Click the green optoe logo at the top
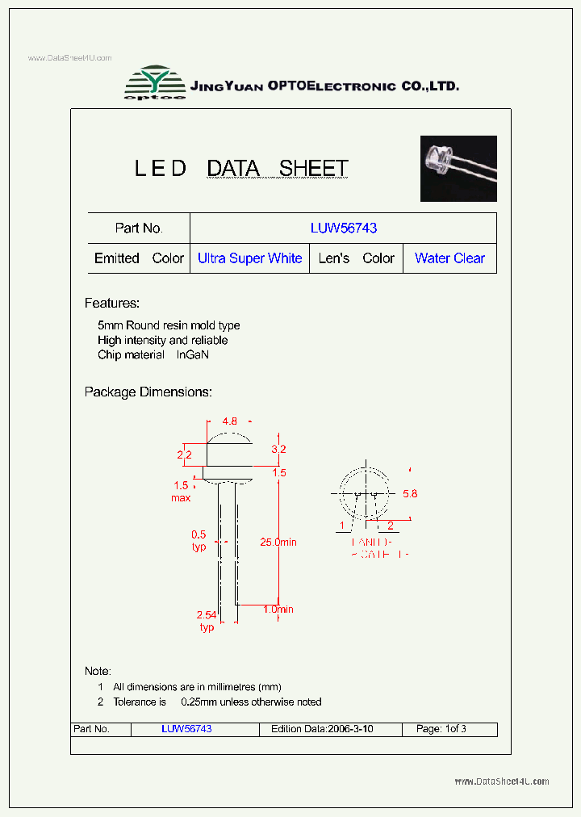(154, 83)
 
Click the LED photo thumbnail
(458, 168)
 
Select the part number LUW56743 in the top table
(343, 228)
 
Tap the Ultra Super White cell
(249, 258)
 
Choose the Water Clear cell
(449, 258)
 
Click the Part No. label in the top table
(139, 228)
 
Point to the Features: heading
(112, 304)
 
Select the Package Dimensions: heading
(148, 392)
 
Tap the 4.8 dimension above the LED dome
(229, 421)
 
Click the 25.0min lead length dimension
(278, 543)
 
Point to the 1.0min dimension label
(278, 610)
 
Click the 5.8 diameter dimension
(410, 493)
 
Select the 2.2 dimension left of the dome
(184, 455)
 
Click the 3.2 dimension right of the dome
(278, 449)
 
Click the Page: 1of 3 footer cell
(441, 729)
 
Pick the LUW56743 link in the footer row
(186, 729)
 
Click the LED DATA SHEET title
(240, 169)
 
